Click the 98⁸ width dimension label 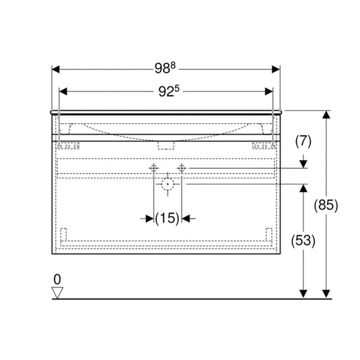(165, 68)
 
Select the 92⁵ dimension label (169, 91)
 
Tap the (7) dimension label (303, 141)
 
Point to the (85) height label (326, 205)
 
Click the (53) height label (303, 241)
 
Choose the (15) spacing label (167, 218)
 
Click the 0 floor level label (57, 279)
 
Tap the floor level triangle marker (57, 293)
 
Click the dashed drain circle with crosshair (168, 184)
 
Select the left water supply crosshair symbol (153, 168)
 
